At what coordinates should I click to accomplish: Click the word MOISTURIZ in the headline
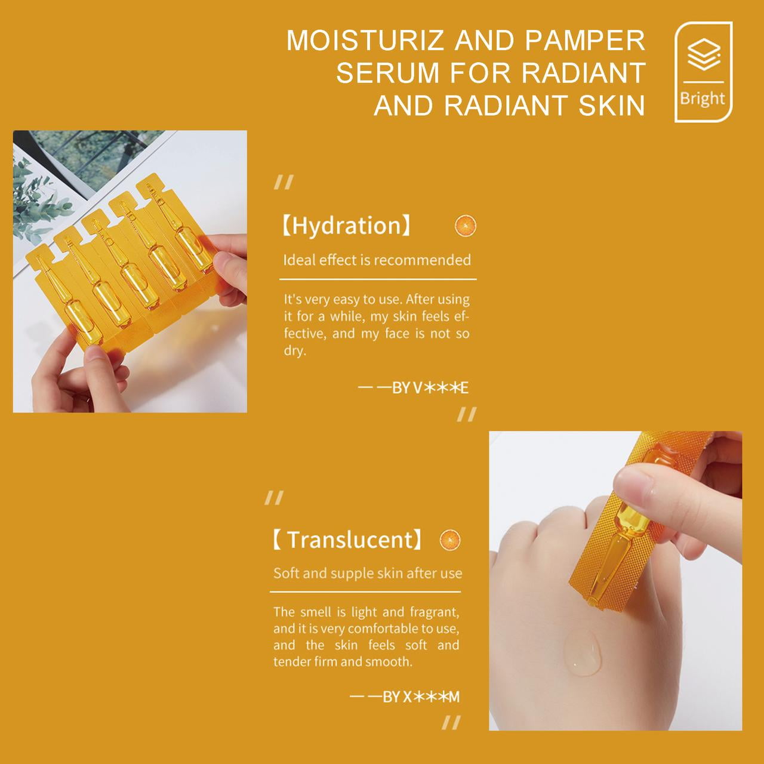click(364, 40)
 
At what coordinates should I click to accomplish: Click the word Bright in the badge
click(702, 98)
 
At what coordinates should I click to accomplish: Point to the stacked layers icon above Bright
click(704, 54)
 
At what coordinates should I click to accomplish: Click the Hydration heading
click(347, 226)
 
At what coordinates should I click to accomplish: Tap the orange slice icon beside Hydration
click(466, 226)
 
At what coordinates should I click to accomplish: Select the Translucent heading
click(347, 540)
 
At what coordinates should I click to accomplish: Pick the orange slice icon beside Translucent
click(450, 540)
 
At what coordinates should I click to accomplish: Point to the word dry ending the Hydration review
click(294, 350)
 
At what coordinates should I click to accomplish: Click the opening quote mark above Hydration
click(284, 182)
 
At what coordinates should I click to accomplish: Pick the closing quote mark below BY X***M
click(451, 722)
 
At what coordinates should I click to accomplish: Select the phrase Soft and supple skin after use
click(368, 573)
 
